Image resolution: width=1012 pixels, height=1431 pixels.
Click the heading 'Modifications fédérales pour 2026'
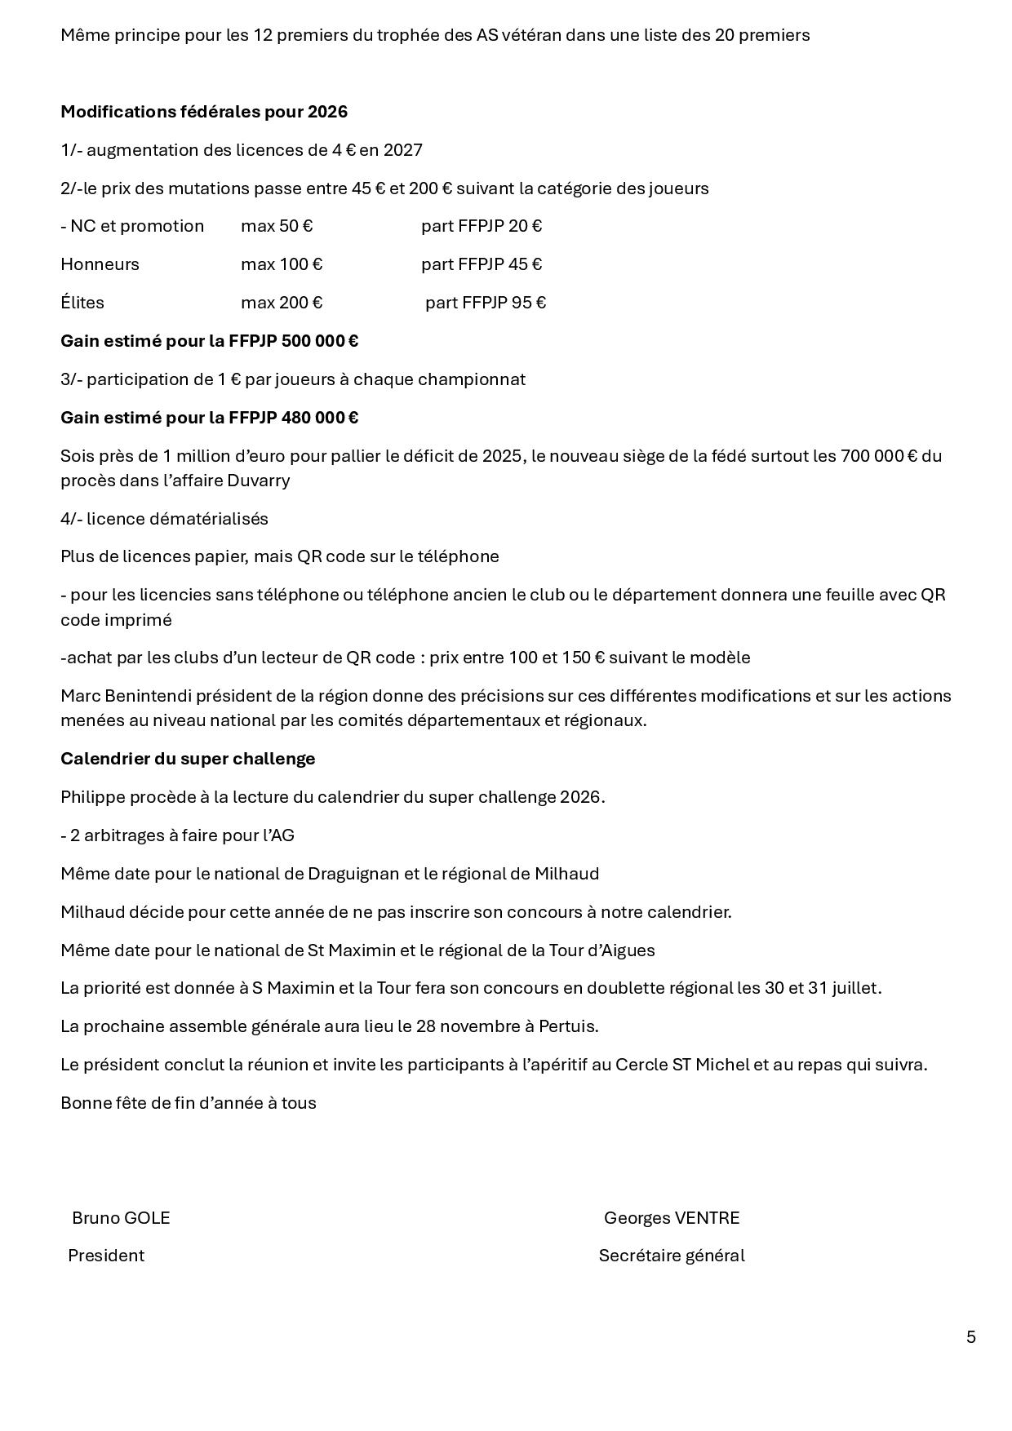click(x=204, y=112)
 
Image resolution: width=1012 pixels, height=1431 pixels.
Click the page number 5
click(x=970, y=1336)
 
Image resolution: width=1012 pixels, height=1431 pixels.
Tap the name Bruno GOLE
click(x=121, y=1217)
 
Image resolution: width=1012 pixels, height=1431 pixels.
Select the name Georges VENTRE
click(x=671, y=1217)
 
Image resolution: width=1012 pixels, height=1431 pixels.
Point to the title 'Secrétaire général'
click(x=671, y=1255)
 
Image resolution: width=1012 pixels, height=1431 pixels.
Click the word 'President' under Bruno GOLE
click(x=106, y=1255)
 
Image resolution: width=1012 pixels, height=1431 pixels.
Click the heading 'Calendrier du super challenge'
click(x=188, y=758)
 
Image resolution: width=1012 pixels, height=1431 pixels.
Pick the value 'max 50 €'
click(x=277, y=226)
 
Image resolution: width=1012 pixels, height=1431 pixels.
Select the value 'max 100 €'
click(x=282, y=264)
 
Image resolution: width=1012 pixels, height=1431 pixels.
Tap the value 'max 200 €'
click(x=282, y=303)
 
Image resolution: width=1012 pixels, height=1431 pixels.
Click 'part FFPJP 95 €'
click(x=486, y=303)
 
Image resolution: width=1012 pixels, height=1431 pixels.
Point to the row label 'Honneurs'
click(x=100, y=264)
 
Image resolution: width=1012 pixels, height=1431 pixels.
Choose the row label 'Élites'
click(x=82, y=303)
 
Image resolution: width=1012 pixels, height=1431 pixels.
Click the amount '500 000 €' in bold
click(x=319, y=341)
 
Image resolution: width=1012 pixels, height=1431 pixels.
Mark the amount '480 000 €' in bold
click(x=319, y=418)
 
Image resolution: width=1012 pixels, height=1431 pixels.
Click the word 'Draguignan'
click(x=353, y=873)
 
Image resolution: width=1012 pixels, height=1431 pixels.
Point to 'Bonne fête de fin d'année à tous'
click(x=189, y=1102)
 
